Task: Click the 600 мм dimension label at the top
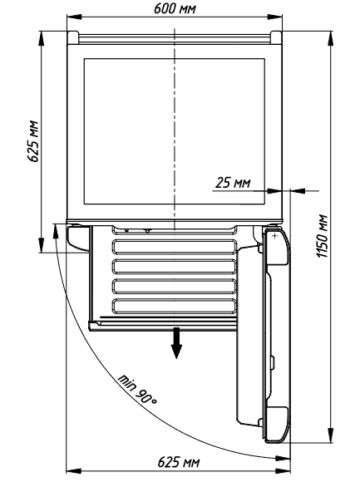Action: pyautogui.click(x=175, y=8)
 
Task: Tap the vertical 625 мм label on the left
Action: pyautogui.click(x=33, y=141)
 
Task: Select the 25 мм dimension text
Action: pyautogui.click(x=233, y=183)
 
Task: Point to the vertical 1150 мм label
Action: pyautogui.click(x=323, y=236)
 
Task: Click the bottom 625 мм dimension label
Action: pyautogui.click(x=178, y=462)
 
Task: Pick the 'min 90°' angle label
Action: pyautogui.click(x=137, y=390)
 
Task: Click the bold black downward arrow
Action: pyautogui.click(x=176, y=343)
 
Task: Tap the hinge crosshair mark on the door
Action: pyautogui.click(x=274, y=236)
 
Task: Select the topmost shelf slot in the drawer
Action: pyautogui.click(x=175, y=247)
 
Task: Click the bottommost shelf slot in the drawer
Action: pyautogui.click(x=175, y=306)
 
